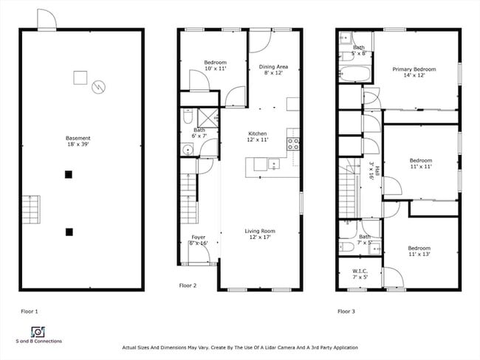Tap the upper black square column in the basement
coord(69,175)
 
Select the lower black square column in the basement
coord(69,232)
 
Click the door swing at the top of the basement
coord(47,19)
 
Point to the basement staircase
coord(30,211)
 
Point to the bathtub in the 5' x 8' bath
coord(352,73)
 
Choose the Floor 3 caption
coord(346,311)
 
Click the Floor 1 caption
coord(30,311)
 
